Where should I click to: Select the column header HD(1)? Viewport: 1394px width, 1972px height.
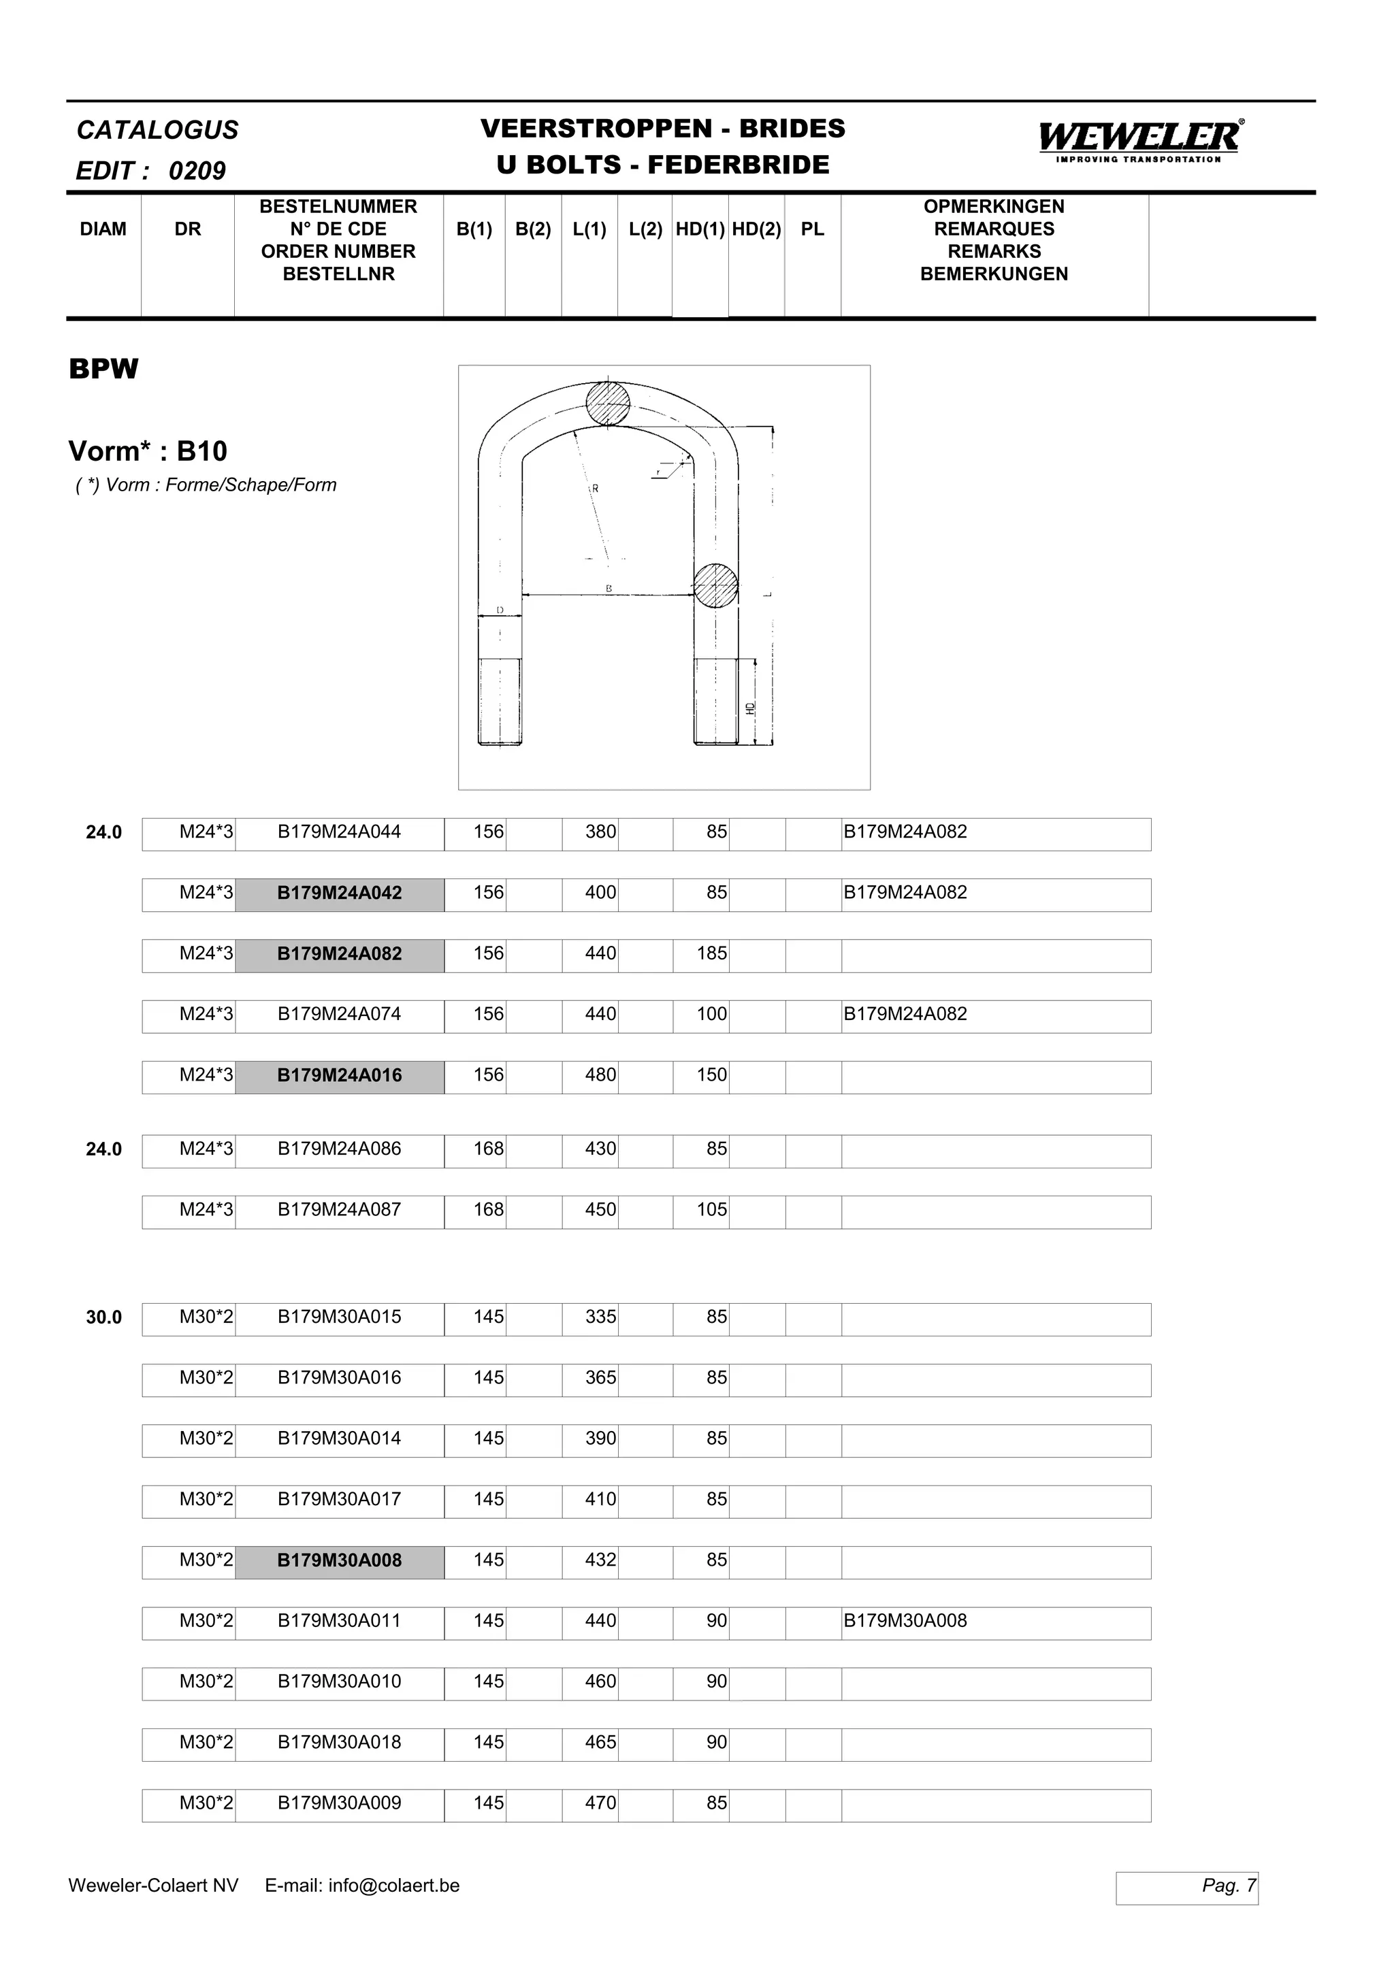(x=700, y=229)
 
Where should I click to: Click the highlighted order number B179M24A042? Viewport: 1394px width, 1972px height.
(x=339, y=893)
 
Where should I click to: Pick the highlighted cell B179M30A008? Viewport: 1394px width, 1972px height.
(x=339, y=1560)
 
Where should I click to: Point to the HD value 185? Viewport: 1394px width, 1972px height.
(x=711, y=953)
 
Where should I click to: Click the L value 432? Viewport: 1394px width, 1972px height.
(x=600, y=1560)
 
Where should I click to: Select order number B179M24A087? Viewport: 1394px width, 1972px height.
(x=339, y=1210)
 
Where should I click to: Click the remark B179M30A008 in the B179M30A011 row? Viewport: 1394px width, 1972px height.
(x=905, y=1622)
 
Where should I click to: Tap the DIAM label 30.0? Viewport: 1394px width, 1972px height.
(x=104, y=1317)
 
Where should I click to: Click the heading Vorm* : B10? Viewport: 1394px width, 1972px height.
(x=148, y=451)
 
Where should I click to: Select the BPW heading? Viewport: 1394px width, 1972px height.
(x=103, y=369)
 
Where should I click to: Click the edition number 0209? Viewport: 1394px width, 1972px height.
(x=197, y=171)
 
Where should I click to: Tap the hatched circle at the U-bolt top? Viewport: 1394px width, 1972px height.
(x=608, y=403)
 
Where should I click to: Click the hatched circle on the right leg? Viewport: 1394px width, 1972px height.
(x=715, y=586)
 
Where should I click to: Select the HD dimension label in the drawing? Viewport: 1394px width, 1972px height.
(x=751, y=708)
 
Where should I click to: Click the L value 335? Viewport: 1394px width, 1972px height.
(x=600, y=1317)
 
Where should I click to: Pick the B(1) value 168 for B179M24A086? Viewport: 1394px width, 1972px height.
(x=488, y=1149)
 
